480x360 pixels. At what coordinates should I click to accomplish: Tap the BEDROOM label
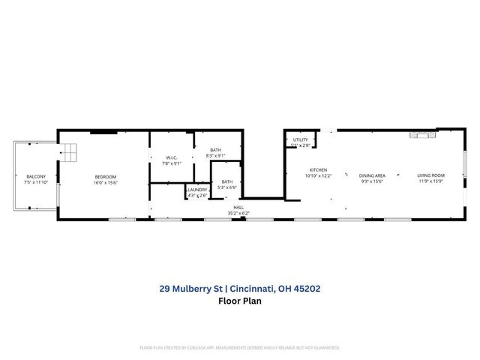click(x=106, y=176)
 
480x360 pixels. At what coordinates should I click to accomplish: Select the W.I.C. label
click(x=172, y=157)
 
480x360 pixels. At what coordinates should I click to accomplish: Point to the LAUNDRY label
click(x=198, y=190)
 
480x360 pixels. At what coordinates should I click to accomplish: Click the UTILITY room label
click(x=301, y=139)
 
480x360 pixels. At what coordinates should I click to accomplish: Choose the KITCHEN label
click(x=318, y=171)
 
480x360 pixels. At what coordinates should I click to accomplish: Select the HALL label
click(x=238, y=208)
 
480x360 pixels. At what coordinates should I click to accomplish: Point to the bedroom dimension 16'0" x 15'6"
click(x=106, y=182)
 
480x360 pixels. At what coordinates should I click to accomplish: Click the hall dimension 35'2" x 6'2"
click(x=238, y=213)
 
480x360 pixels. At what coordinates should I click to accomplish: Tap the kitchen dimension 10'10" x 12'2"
click(x=318, y=176)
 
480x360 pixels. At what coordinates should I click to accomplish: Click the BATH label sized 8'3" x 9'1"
click(x=216, y=150)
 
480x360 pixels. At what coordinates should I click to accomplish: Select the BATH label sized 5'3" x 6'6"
click(x=226, y=181)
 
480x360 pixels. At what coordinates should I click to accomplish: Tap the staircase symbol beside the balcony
click(x=69, y=152)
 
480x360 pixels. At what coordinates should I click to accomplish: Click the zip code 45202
click(x=306, y=287)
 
